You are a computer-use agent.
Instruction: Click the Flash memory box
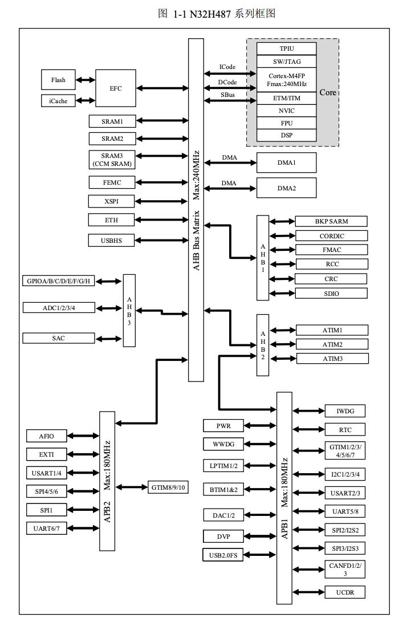tap(58, 80)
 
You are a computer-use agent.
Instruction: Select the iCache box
tap(58, 101)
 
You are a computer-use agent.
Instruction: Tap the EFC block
tap(115, 88)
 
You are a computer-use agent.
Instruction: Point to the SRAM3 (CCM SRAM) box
tap(112, 160)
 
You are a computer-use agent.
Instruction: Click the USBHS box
tap(111, 241)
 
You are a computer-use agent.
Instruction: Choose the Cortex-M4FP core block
tap(286, 79)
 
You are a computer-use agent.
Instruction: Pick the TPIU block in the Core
tap(286, 48)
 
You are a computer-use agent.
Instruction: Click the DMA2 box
tap(286, 188)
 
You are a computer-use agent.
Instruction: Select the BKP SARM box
tap(331, 221)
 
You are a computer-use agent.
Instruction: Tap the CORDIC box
tap(331, 235)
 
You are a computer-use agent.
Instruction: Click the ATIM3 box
tap(332, 359)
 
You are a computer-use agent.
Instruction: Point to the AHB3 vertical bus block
tap(129, 310)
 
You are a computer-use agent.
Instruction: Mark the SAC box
tap(58, 338)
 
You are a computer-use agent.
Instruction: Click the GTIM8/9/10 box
tap(169, 487)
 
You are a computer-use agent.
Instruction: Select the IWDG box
tap(344, 410)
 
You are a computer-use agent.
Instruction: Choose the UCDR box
tap(344, 592)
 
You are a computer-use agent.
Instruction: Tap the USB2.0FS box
tap(223, 555)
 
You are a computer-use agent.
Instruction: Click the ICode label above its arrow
tap(227, 67)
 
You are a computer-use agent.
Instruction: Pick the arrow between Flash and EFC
tap(85, 80)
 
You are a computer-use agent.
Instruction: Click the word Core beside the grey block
tap(327, 92)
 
